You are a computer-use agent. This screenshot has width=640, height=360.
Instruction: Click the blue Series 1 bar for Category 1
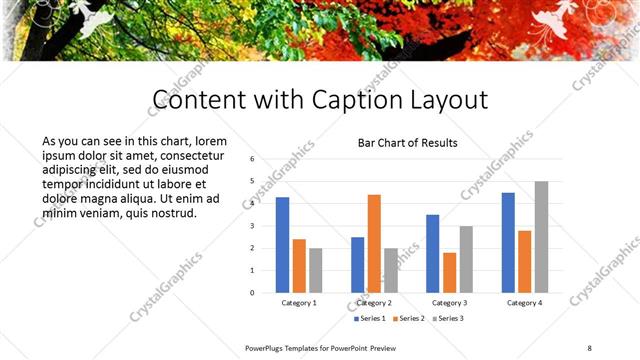click(x=282, y=245)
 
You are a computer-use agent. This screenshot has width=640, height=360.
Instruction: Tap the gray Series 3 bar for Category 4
click(x=541, y=237)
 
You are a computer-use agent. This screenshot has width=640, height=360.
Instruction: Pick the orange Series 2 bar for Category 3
click(x=449, y=273)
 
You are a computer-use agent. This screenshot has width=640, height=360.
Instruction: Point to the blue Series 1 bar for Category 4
click(x=508, y=243)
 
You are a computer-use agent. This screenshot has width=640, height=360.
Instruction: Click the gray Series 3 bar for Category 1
click(x=316, y=270)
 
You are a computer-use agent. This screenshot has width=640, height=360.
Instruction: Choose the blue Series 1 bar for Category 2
click(x=358, y=265)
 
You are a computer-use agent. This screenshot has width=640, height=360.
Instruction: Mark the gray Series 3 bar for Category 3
click(x=466, y=259)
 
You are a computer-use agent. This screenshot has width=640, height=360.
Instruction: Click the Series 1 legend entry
click(x=371, y=318)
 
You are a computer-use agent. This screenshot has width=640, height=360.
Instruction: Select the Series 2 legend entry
click(x=411, y=318)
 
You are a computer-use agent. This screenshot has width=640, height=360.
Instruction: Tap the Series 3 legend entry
click(x=448, y=318)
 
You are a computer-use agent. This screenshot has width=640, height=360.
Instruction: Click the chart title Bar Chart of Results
click(x=408, y=143)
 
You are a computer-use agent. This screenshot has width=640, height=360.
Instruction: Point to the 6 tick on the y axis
click(x=253, y=159)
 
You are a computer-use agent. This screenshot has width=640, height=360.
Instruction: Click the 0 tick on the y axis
click(x=253, y=293)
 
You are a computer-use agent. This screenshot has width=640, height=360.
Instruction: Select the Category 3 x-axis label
click(x=449, y=302)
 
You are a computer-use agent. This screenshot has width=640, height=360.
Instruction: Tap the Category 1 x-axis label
click(x=299, y=302)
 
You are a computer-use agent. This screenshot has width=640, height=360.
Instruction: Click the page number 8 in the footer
click(x=590, y=347)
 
